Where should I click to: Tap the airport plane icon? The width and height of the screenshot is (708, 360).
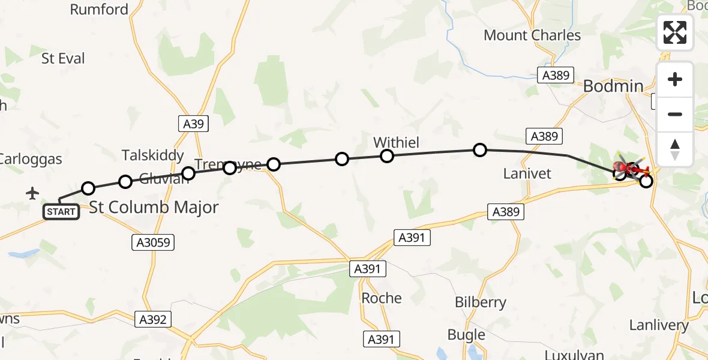tap(32, 193)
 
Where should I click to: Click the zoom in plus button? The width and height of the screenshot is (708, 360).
tap(675, 80)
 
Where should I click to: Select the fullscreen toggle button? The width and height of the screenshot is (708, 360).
tap(675, 32)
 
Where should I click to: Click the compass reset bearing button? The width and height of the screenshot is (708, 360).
tap(675, 149)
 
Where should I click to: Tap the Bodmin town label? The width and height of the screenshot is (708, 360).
tap(613, 86)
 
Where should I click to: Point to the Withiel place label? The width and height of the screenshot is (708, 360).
tap(396, 142)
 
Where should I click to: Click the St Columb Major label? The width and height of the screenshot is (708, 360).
tap(154, 208)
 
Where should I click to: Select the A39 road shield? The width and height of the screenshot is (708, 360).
tap(193, 124)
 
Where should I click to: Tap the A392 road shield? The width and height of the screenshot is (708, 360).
tap(152, 319)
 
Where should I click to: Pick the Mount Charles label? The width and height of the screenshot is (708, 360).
tap(532, 35)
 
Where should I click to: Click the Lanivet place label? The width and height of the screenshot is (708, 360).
tap(528, 174)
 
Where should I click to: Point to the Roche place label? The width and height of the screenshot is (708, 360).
tap(382, 298)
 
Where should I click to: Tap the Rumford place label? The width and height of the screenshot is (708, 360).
tap(99, 10)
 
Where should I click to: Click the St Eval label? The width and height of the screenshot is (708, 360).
tap(63, 59)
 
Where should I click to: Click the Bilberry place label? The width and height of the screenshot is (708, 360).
tap(480, 302)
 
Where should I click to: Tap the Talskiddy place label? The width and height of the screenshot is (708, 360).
tap(153, 155)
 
